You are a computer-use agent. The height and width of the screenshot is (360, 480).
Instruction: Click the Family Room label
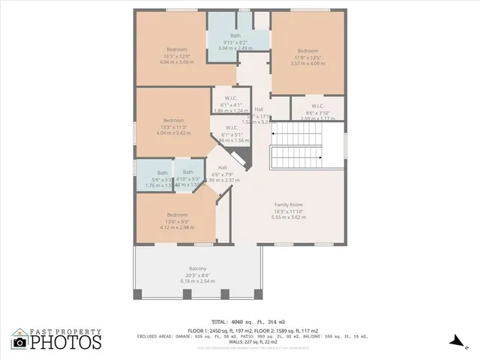[x=288, y=205]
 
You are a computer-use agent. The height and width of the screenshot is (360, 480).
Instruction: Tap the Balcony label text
[x=197, y=268]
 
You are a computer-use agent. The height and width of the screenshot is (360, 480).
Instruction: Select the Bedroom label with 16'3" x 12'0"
[x=176, y=49]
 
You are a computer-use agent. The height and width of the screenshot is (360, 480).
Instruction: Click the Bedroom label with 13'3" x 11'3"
[x=173, y=120]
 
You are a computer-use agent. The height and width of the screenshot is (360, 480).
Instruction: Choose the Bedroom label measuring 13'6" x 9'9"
[x=177, y=215]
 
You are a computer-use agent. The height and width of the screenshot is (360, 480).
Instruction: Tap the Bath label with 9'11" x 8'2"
[x=235, y=35]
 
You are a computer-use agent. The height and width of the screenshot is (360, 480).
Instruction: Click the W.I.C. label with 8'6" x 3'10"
[x=317, y=106]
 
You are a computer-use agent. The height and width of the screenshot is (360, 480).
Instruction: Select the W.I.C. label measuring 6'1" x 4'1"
[x=230, y=98]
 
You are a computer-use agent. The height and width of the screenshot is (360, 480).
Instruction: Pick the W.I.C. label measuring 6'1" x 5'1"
[x=232, y=127]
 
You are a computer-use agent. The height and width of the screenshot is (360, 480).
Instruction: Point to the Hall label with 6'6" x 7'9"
[x=223, y=167]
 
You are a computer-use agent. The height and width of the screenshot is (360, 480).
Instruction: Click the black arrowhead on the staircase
[x=320, y=157]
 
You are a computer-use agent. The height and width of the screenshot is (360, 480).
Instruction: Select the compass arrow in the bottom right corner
[x=454, y=342]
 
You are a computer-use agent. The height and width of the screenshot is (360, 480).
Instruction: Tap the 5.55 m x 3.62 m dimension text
[x=288, y=217]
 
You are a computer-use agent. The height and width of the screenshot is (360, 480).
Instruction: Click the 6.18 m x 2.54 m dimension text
[x=197, y=281]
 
